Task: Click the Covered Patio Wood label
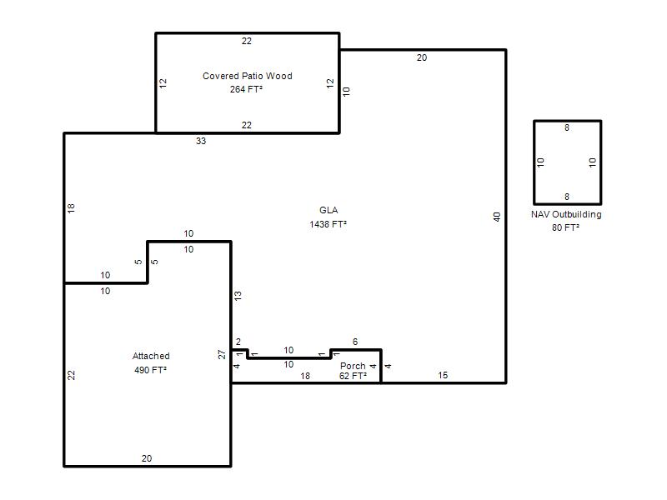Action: coord(247,76)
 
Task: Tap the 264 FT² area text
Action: coord(246,89)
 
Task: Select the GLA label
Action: coord(328,210)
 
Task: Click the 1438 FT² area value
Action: coord(328,224)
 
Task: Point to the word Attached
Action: coord(151,356)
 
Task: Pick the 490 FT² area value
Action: coord(151,370)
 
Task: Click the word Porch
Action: coord(353,366)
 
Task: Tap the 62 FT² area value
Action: coord(353,376)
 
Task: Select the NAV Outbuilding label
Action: coord(566,214)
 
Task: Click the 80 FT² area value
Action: coord(566,227)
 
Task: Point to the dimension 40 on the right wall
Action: coord(497,217)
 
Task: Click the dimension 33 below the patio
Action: coord(201,141)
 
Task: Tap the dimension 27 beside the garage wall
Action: coord(222,354)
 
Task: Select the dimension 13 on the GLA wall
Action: coord(238,296)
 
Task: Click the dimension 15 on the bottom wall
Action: coord(443,375)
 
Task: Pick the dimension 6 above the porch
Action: coord(355,342)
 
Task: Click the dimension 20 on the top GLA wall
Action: coord(422,57)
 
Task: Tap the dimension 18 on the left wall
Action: coord(71,208)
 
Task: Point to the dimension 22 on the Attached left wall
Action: coord(71,375)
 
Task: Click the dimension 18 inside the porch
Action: coord(305,376)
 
